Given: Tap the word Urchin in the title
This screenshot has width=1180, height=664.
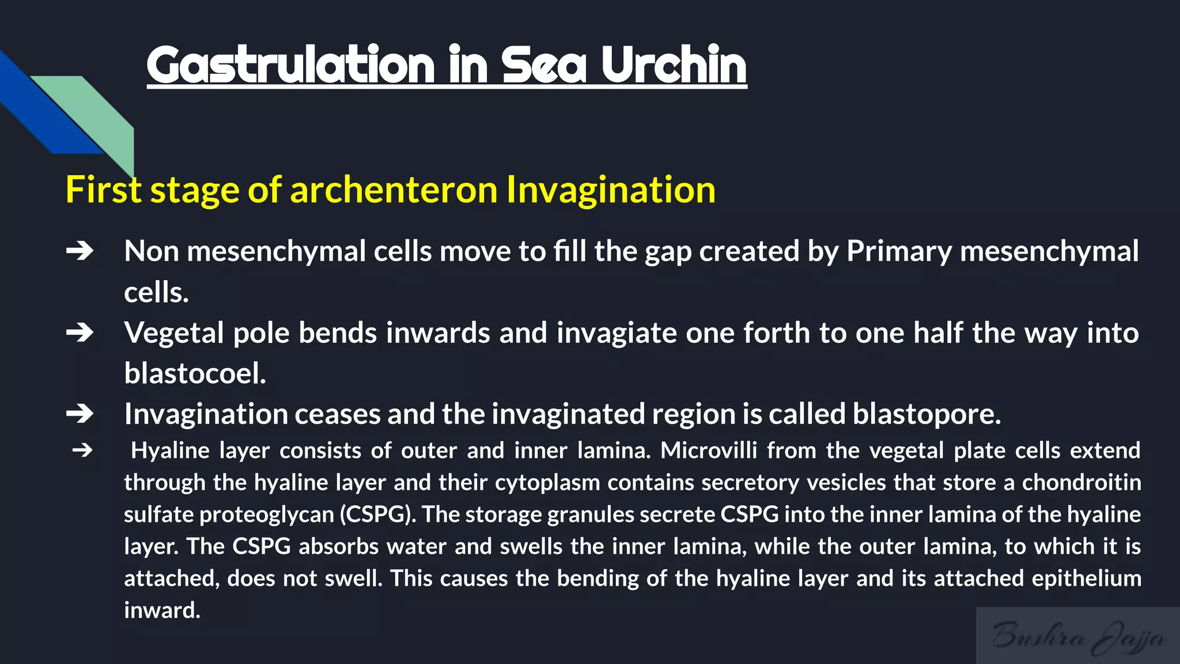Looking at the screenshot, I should [674, 65].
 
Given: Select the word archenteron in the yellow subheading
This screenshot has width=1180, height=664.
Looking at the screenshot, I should [394, 190].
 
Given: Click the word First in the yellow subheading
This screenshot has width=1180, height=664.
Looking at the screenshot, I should [103, 190].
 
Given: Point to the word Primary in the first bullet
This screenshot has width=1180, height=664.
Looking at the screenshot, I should [899, 251].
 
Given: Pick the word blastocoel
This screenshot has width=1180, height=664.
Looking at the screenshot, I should [195, 373].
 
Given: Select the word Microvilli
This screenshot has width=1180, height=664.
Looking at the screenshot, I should [708, 450].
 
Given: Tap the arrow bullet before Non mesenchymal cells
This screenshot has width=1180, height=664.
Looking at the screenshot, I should [80, 251].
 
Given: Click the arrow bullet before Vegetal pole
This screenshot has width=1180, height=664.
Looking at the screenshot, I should [80, 333].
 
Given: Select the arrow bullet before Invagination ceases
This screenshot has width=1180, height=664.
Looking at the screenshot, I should [80, 413].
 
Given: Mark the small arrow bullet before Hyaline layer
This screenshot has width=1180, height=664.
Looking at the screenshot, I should [82, 450].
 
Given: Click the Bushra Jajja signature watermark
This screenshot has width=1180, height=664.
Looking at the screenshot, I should [1077, 636].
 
